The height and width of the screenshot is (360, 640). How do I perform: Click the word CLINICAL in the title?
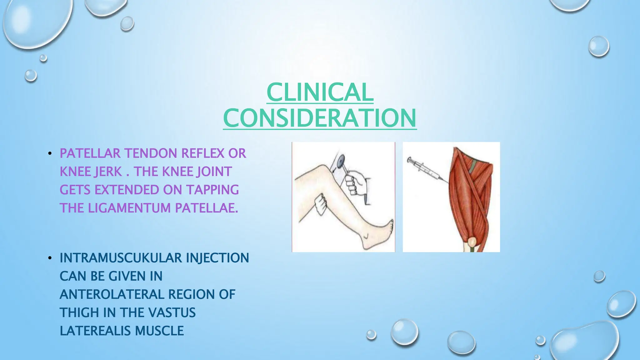tap(320, 92)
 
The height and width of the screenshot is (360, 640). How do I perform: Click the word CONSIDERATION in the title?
tap(320, 118)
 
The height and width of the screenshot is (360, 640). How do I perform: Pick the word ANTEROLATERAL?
tap(112, 294)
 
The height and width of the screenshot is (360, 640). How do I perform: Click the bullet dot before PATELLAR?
tap(50, 153)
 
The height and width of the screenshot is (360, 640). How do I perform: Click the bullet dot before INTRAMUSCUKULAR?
tap(50, 258)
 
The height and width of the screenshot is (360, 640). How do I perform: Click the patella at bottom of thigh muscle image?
tap(472, 242)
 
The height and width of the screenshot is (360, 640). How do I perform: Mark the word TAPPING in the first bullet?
tap(212, 190)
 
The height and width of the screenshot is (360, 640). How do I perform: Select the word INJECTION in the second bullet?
tap(217, 258)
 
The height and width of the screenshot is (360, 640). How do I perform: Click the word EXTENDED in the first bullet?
tap(131, 190)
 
